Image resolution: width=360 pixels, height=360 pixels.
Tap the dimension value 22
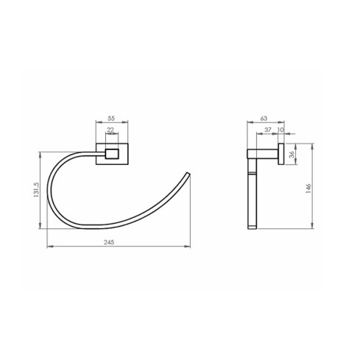[x=111, y=130]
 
